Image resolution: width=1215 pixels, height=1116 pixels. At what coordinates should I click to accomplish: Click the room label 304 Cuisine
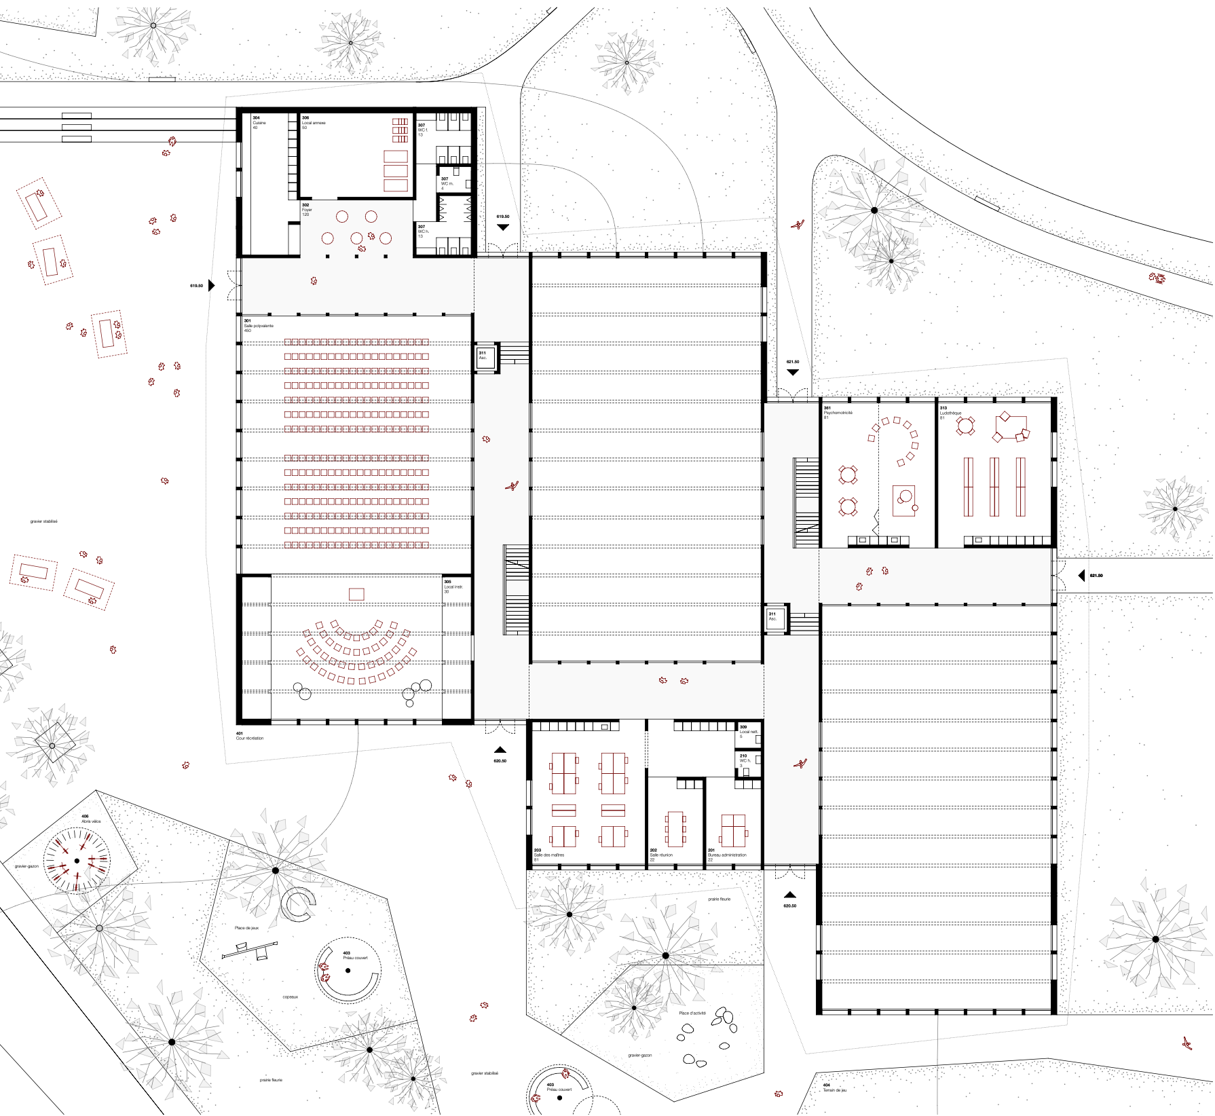259,122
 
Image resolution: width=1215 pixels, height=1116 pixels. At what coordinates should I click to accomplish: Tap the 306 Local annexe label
314,122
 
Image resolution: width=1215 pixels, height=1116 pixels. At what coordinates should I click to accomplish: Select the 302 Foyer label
307,209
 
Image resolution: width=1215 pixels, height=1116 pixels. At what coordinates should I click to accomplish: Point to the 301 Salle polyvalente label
258,325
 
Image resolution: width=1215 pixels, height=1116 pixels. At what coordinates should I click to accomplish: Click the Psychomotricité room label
838,412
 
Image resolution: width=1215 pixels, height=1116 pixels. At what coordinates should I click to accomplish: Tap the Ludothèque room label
950,412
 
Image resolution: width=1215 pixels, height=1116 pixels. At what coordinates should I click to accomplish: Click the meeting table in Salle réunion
675,828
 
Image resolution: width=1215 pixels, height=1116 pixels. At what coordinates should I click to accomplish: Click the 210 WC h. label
745,760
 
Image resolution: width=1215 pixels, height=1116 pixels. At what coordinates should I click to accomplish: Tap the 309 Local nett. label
749,731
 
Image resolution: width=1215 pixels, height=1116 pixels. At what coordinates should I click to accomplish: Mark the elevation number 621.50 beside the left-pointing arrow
1096,576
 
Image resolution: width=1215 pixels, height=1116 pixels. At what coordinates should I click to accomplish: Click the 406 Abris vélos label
90,819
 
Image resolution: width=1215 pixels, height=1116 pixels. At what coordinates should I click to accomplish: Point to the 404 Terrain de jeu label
834,1087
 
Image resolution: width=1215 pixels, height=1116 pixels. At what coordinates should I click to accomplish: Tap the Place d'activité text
692,1013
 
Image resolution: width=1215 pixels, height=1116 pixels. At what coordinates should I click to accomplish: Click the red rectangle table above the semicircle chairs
356,594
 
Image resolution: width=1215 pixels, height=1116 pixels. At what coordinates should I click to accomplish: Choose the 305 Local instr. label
453,586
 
